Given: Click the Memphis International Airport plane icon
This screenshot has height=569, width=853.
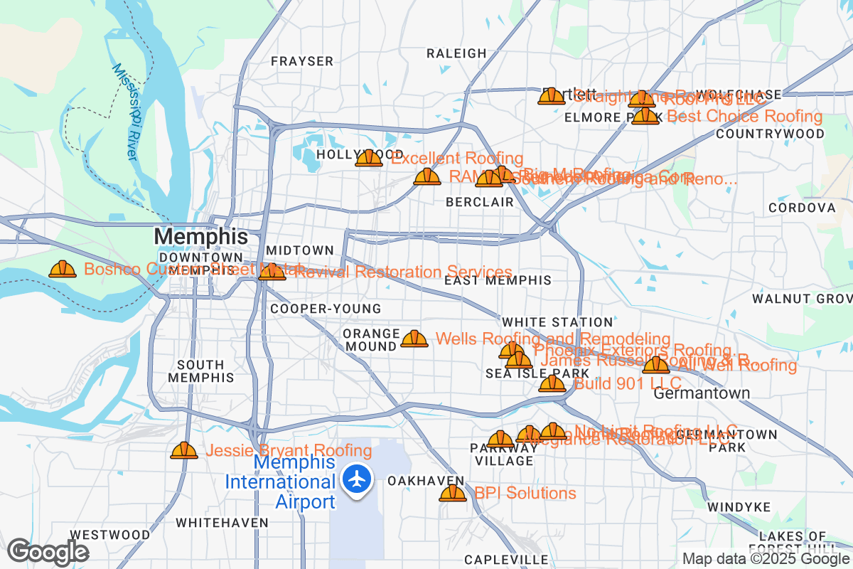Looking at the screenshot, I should (x=357, y=479).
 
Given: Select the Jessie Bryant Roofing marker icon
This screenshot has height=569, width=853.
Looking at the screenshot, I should (x=184, y=450).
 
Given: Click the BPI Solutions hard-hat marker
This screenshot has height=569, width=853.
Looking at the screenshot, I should (x=453, y=493).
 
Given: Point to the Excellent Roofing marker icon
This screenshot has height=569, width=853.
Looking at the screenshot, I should (x=369, y=158).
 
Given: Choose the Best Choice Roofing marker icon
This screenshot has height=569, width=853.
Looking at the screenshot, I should (x=645, y=116).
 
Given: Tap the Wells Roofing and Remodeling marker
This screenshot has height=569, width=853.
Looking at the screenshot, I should (x=414, y=339).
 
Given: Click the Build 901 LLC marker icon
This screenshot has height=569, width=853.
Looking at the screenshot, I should (x=552, y=384).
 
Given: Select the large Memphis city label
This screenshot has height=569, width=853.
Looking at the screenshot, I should (x=201, y=236).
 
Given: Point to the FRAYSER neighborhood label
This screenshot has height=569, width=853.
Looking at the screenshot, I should (x=302, y=62).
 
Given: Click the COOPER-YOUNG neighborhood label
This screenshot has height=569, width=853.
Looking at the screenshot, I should (x=326, y=309).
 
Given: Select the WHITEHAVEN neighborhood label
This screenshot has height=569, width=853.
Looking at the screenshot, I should (x=222, y=523).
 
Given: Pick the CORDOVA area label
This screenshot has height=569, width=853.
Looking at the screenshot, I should (x=802, y=208).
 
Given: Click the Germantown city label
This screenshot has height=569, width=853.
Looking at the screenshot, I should (x=702, y=393).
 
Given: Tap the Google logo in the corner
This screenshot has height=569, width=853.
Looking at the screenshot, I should (x=48, y=552).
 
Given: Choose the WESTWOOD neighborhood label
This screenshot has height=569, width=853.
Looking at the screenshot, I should (x=110, y=535).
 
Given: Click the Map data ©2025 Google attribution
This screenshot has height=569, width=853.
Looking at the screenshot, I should (x=765, y=558).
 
